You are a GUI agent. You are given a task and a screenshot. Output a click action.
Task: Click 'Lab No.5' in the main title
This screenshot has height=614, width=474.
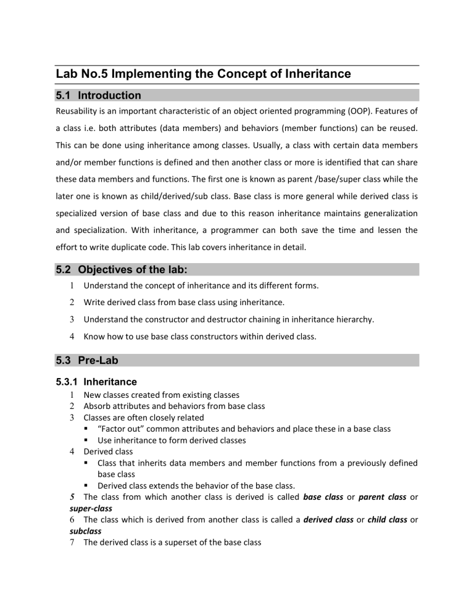[83, 74]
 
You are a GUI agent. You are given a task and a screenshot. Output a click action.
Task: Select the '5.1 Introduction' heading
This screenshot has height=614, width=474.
[99, 96]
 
